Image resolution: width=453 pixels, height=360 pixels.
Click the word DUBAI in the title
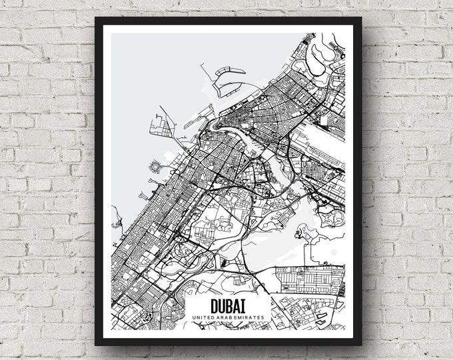pyautogui.click(x=228, y=305)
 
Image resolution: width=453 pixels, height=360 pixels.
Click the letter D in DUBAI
pyautogui.click(x=215, y=305)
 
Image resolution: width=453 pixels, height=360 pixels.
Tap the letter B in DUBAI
pyautogui.click(x=228, y=305)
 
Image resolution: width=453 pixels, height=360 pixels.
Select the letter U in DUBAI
pyautogui.click(x=221, y=305)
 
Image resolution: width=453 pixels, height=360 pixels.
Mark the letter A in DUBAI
pyautogui.click(x=236, y=305)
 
